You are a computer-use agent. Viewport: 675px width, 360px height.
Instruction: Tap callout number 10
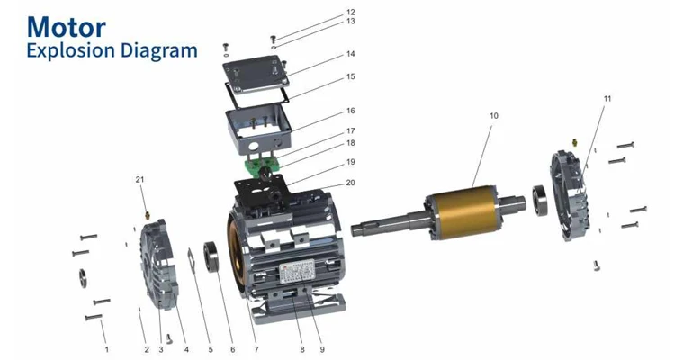[x=493, y=116]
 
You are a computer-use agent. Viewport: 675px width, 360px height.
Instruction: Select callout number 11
[x=607, y=98]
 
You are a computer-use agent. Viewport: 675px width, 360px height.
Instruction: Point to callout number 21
[x=139, y=179]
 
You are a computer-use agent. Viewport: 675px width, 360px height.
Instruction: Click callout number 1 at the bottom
[x=106, y=348]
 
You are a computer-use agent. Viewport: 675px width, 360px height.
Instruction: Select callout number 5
[x=211, y=348]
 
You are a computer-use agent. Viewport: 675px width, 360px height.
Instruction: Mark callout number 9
[x=321, y=348]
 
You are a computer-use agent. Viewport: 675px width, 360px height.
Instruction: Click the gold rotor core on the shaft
[x=473, y=215]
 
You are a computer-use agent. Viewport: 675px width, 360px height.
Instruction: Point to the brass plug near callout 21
[x=146, y=214]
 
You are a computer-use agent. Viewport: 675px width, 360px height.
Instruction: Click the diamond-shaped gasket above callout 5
[x=193, y=256]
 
